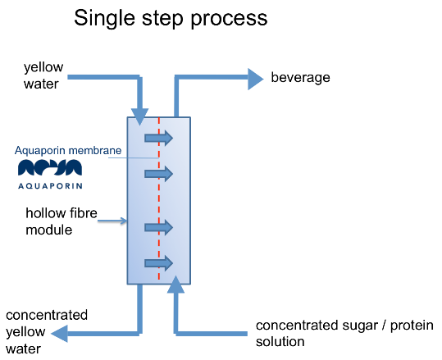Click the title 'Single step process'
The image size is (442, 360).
(171, 19)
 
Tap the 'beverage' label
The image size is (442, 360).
(300, 78)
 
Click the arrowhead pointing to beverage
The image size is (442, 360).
(255, 79)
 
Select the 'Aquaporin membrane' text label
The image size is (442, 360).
(68, 151)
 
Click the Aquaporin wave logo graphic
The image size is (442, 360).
(50, 167)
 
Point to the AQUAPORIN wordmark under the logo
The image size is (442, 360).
(50, 186)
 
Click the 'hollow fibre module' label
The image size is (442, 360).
(62, 221)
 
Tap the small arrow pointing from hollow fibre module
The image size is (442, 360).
(112, 221)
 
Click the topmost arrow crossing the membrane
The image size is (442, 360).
(159, 138)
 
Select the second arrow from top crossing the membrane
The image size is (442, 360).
(159, 174)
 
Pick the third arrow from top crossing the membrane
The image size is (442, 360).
(159, 227)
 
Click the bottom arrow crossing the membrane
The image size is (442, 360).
(159, 263)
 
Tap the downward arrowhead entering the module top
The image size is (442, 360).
(139, 116)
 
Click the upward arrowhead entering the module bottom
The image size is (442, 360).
(175, 285)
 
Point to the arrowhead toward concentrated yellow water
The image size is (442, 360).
(60, 334)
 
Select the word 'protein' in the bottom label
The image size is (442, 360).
(412, 326)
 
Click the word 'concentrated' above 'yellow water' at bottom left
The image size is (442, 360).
(47, 315)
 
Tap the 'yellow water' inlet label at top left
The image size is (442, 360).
(43, 75)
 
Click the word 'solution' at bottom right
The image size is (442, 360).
(280, 342)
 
